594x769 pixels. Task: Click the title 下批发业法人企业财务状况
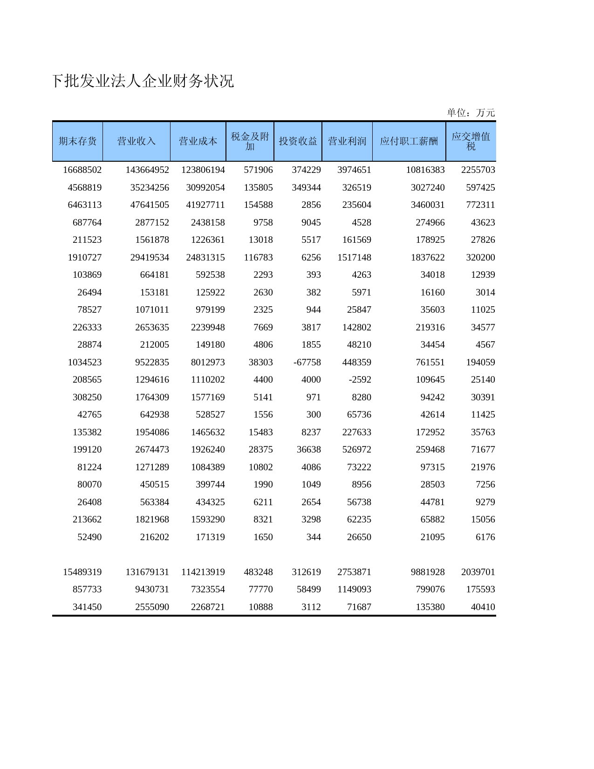pos(143,82)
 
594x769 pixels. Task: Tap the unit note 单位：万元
pos(471,113)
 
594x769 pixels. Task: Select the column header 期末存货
pos(77,141)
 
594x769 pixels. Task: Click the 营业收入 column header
pos(136,141)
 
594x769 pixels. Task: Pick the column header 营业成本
pos(198,141)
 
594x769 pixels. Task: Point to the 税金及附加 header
pos(250,141)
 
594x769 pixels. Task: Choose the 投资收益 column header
pos(298,141)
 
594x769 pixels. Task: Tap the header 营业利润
pos(347,141)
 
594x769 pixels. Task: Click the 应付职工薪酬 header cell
pos(409,141)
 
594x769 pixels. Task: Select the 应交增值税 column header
pos(471,141)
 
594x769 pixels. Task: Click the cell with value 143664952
pos(147,170)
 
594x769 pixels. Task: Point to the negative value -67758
pos(307,363)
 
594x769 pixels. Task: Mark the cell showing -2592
pos(360,380)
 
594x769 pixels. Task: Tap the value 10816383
pos(425,170)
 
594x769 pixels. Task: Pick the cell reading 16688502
pos(82,170)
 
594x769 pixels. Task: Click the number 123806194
pos(203,170)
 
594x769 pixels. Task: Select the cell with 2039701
pos(478,572)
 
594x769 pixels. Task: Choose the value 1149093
pos(354,590)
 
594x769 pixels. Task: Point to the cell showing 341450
pos(87,607)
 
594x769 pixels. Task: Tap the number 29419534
pos(150,258)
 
